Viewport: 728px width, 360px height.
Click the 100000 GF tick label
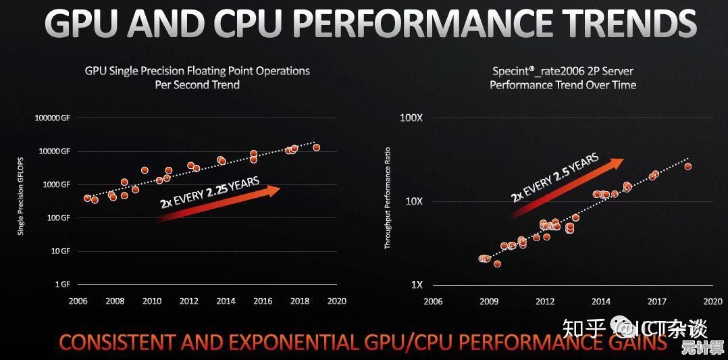coord(53,118)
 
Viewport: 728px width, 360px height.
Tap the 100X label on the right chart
coord(411,118)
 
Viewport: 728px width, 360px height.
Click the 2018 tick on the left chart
coord(300,301)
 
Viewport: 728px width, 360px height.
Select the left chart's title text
coord(197,77)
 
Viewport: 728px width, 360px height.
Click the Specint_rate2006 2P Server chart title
coord(563,77)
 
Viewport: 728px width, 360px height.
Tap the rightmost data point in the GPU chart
coord(316,147)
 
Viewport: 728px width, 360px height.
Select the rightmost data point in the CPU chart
coord(687,166)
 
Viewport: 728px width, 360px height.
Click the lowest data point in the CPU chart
coord(497,264)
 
